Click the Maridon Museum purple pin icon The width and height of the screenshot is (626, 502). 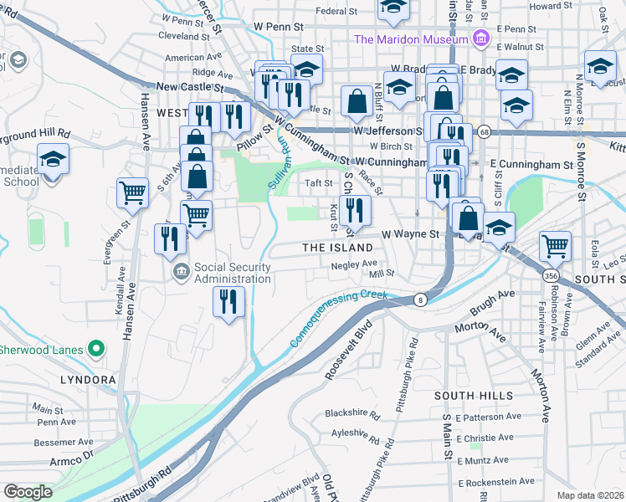(480, 39)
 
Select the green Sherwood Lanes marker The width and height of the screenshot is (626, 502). (98, 349)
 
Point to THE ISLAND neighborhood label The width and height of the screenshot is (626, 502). (337, 248)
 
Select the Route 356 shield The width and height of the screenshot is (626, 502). (550, 275)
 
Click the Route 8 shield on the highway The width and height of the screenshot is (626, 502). (419, 300)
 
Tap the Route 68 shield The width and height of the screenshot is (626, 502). (483, 131)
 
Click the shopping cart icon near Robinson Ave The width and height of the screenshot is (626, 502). (555, 245)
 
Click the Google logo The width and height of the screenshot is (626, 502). (28, 492)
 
